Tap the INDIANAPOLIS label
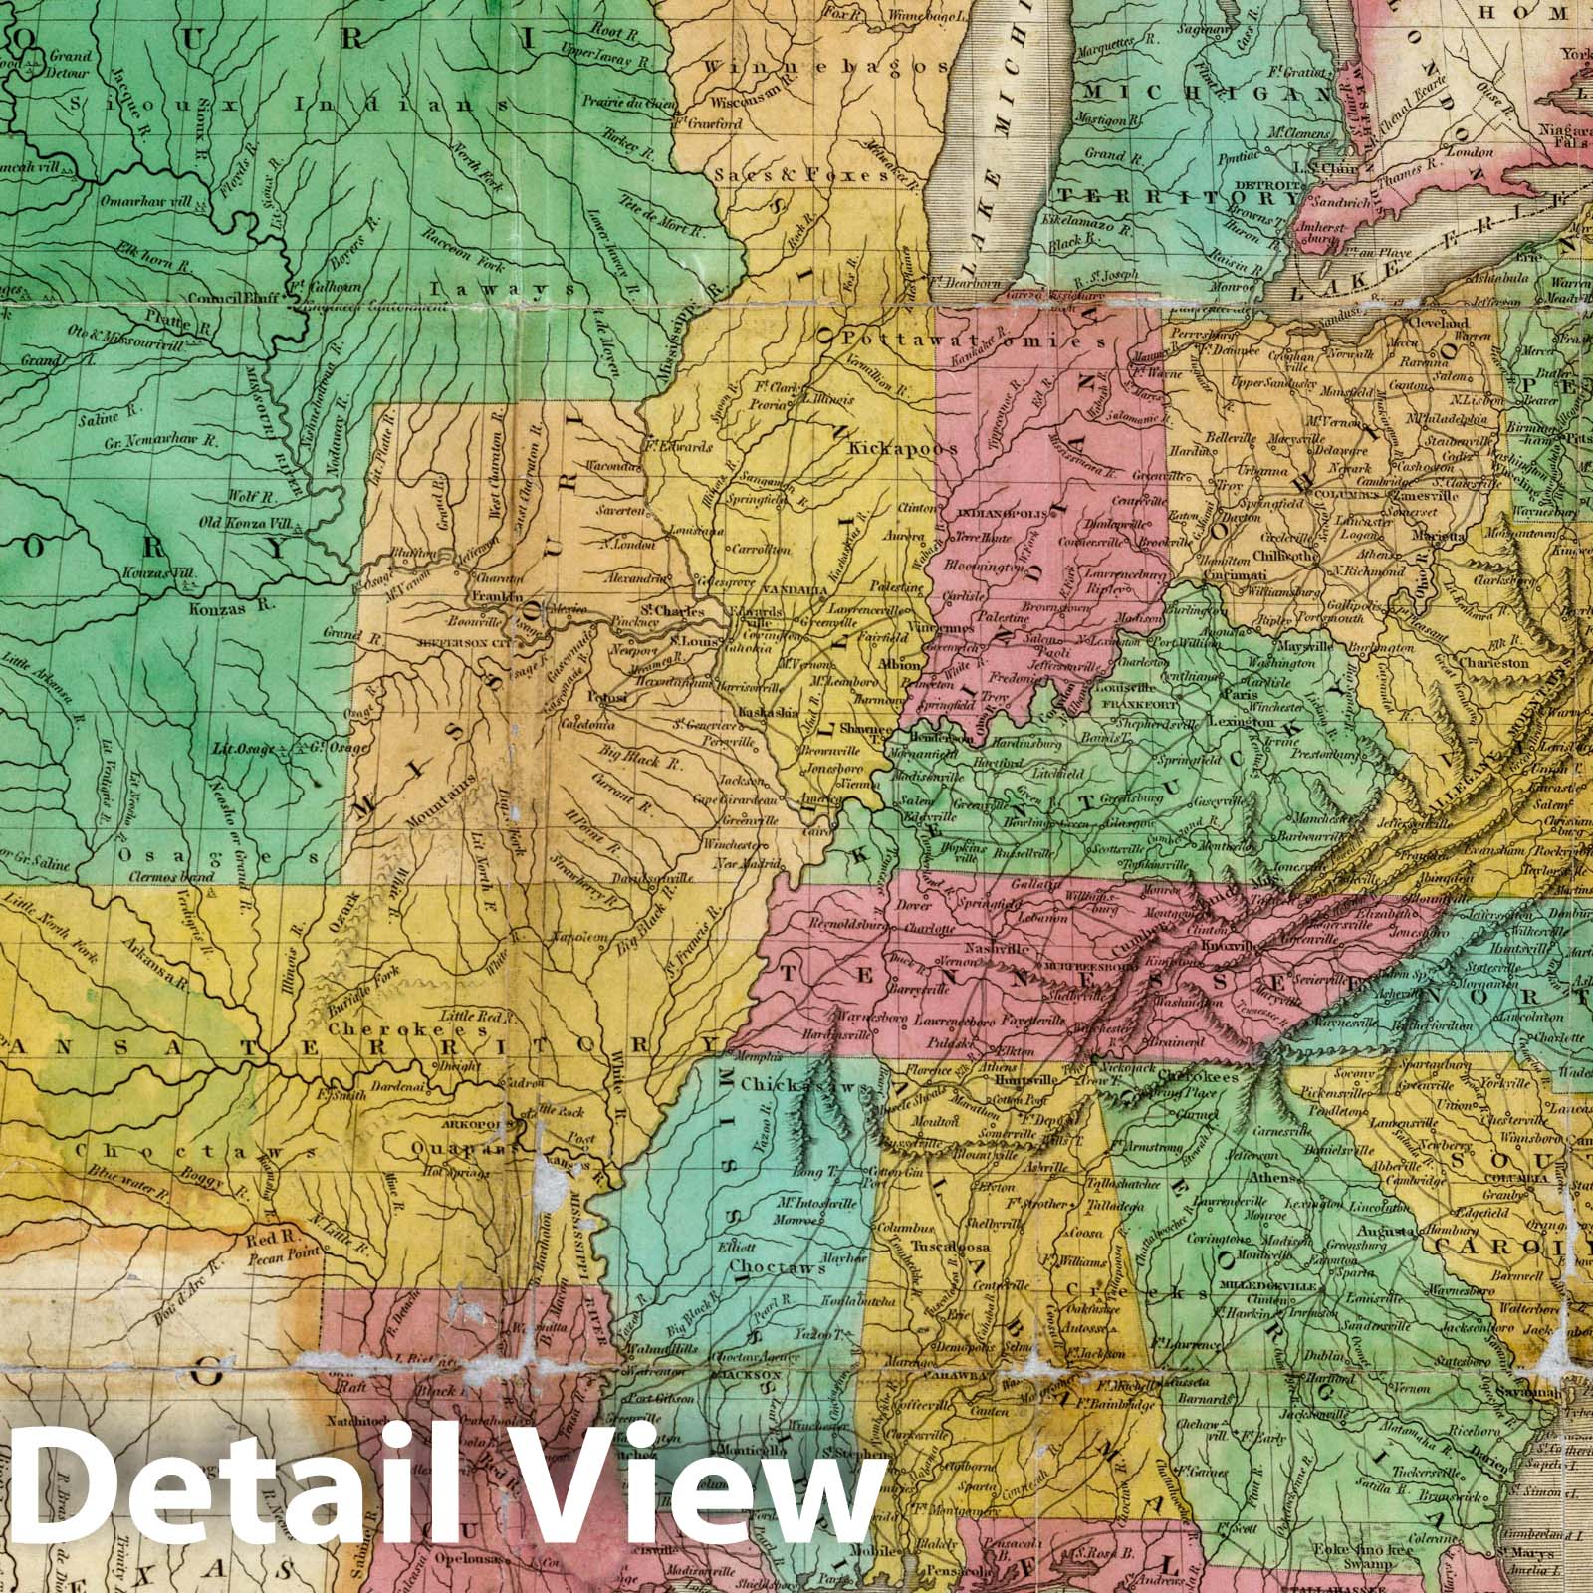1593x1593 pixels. pos(1000,514)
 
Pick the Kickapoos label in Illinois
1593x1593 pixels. pos(902,449)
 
